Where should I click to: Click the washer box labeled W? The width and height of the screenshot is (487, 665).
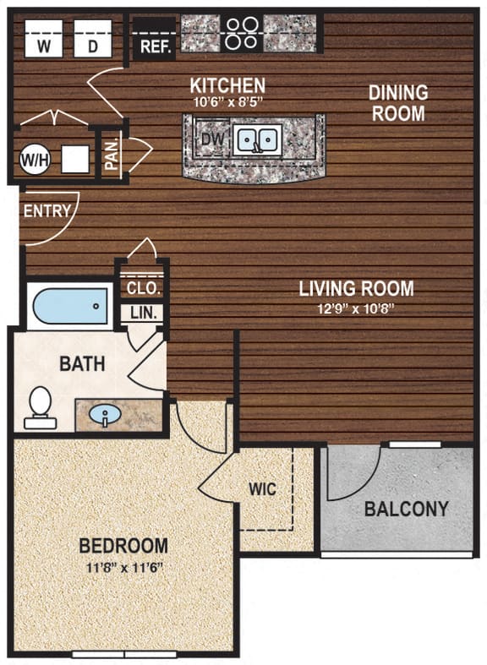(43, 38)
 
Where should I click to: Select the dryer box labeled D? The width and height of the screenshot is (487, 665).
(93, 38)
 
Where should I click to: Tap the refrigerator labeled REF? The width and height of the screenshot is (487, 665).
(154, 46)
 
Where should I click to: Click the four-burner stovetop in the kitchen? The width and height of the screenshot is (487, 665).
(241, 32)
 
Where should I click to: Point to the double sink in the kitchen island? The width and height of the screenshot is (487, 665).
(258, 139)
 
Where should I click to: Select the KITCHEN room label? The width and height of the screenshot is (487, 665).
(227, 85)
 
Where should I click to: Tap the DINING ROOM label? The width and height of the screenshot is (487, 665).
(397, 102)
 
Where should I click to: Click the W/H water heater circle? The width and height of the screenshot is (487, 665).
(34, 157)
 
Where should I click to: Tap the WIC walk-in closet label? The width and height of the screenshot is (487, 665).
(262, 489)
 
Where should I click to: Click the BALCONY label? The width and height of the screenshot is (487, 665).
(407, 510)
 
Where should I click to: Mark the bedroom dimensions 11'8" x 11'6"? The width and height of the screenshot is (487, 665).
(123, 566)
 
